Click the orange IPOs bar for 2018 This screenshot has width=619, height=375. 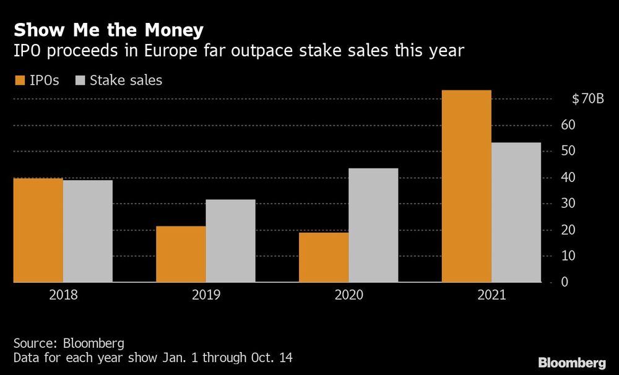click(x=38, y=230)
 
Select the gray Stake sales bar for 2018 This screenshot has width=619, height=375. click(x=87, y=231)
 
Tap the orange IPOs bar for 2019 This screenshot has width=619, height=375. click(x=181, y=254)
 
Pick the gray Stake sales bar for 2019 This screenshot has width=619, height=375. click(x=230, y=241)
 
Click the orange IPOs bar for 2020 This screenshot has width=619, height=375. click(x=324, y=257)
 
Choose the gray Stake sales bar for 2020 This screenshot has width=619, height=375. click(x=373, y=225)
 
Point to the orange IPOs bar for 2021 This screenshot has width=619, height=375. click(x=467, y=186)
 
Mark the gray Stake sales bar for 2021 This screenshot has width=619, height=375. click(x=516, y=212)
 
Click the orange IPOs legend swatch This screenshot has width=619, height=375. click(x=19, y=80)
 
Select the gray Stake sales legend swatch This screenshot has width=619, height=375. click(x=80, y=80)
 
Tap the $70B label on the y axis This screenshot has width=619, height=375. click(x=587, y=99)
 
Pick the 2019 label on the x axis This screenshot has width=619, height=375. click(x=206, y=295)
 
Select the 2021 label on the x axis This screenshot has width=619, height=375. click(x=491, y=295)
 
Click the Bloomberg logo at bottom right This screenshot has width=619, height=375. click(x=572, y=362)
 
